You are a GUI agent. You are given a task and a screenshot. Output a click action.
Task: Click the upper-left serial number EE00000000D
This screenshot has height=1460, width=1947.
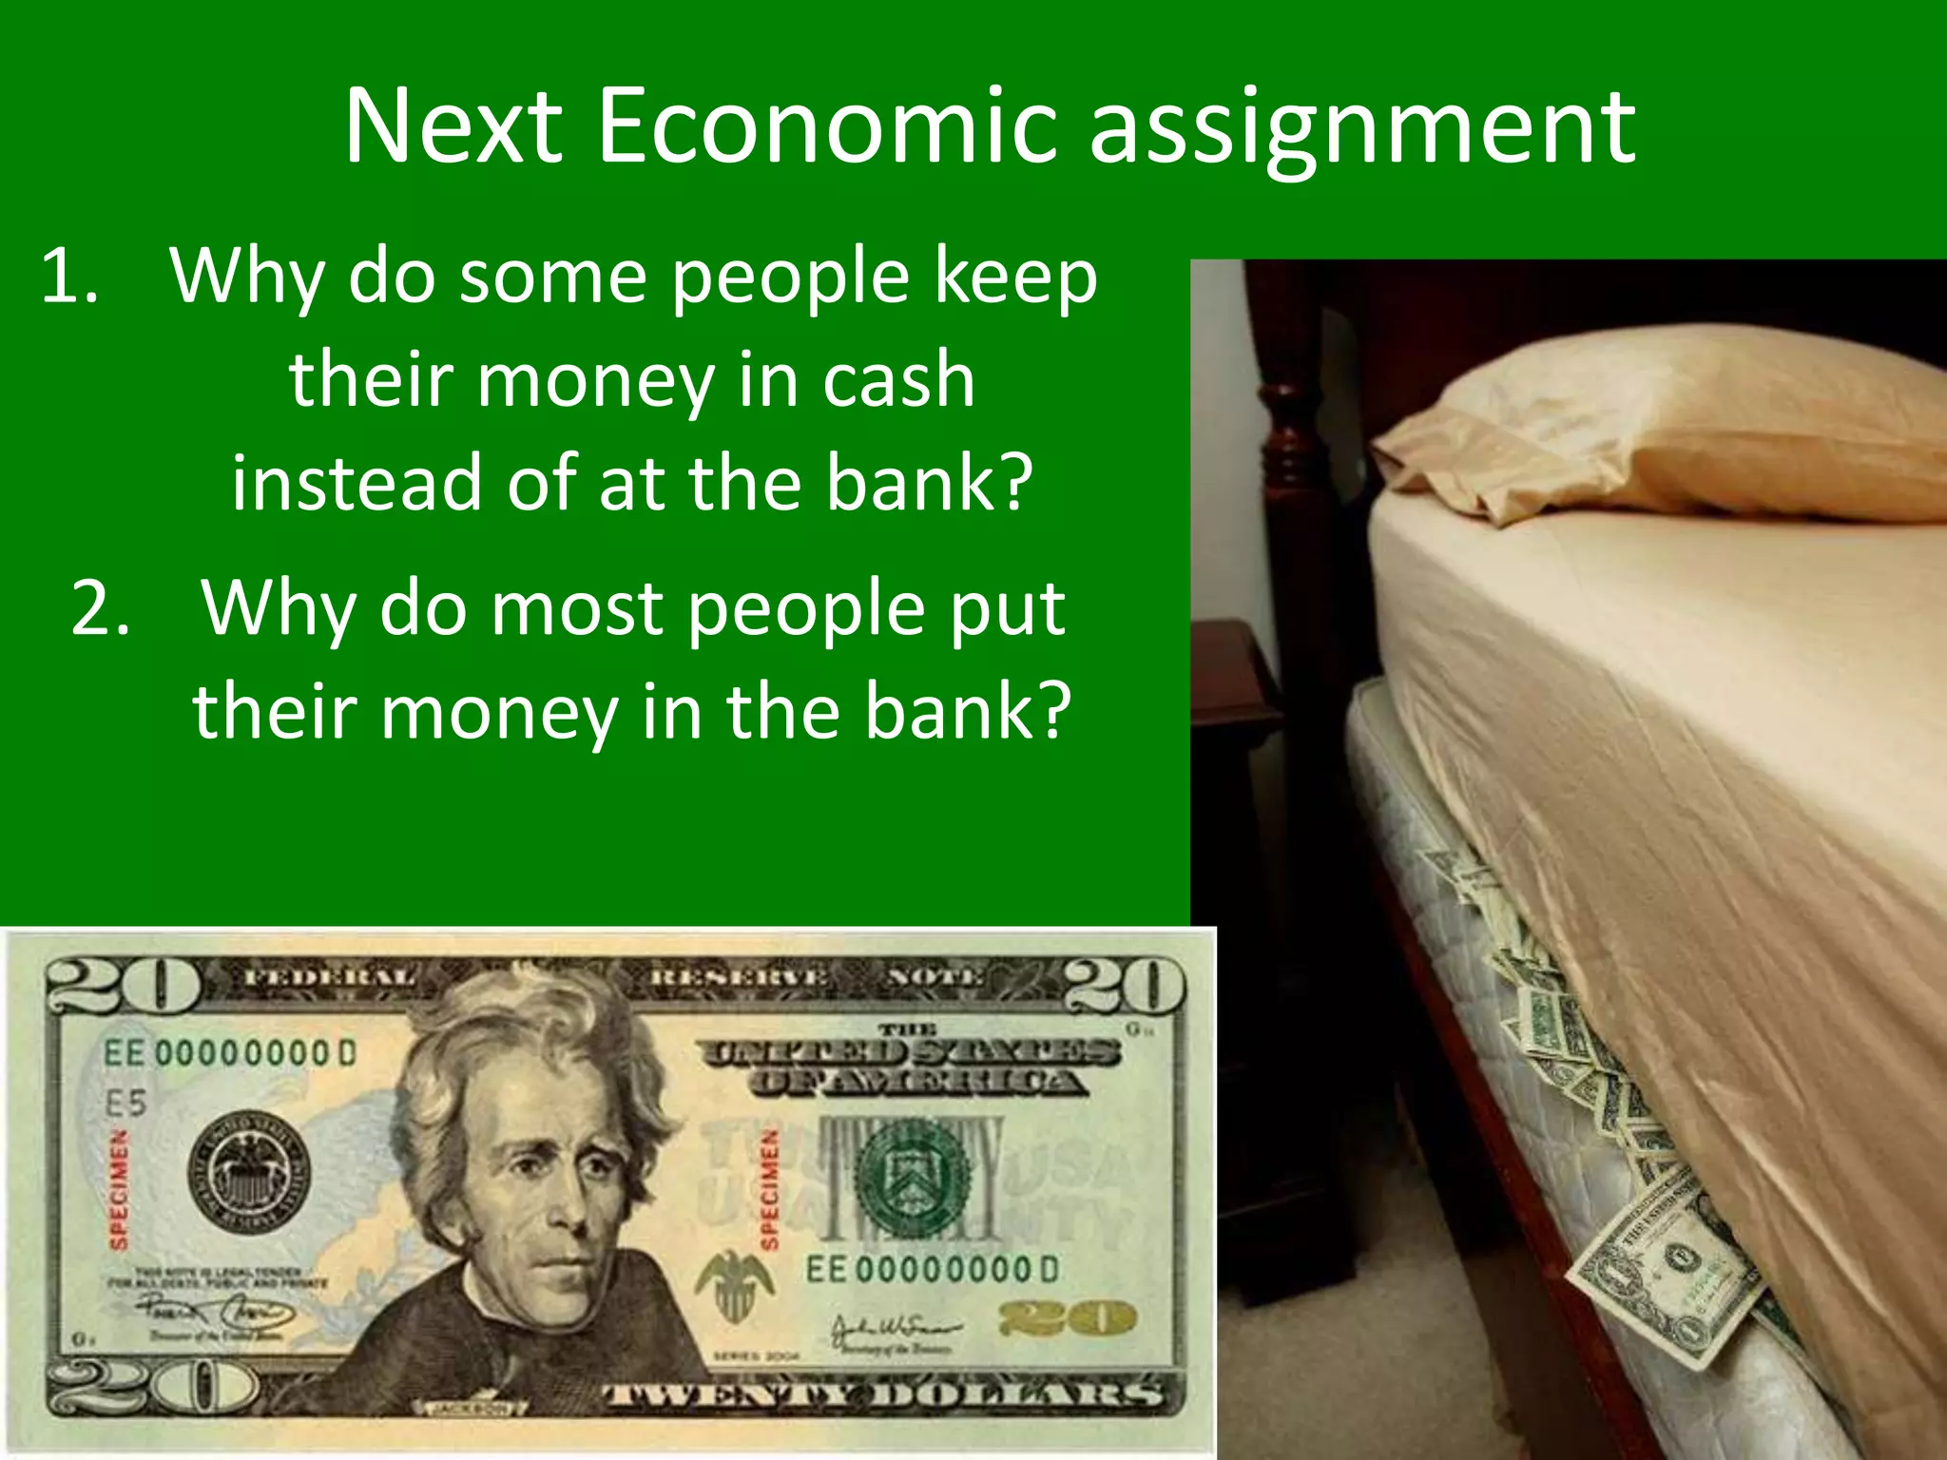[229, 1053]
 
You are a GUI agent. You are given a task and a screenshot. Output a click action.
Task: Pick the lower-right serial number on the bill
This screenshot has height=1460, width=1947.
[932, 1269]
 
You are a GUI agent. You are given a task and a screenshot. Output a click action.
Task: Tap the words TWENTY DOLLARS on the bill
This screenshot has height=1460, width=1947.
[884, 1393]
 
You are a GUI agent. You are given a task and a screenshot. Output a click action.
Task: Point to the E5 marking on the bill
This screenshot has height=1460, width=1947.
[125, 1104]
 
